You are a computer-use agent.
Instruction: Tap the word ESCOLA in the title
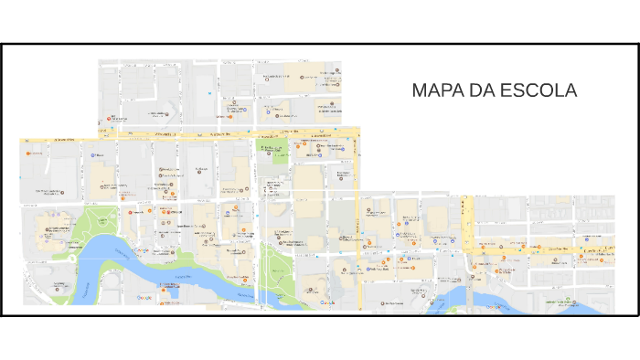click(547, 91)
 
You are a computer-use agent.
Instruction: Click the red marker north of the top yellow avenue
click(111, 119)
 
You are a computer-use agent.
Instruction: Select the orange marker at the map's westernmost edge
click(27, 153)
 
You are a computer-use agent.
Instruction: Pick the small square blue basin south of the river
click(167, 294)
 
